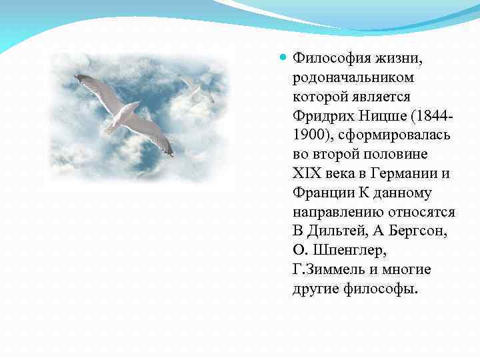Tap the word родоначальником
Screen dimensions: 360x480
tap(352, 78)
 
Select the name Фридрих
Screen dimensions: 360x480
tap(319, 117)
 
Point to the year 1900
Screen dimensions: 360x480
tap(308, 135)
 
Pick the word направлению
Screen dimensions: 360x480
tap(337, 212)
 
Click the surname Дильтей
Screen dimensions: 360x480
tap(334, 231)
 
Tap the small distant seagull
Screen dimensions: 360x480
tap(197, 89)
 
